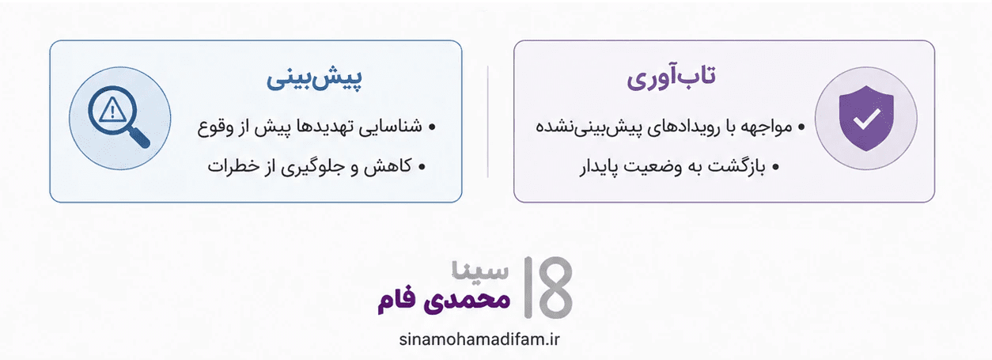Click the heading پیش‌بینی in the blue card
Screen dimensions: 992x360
[314, 78]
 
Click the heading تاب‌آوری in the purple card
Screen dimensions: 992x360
[671, 78]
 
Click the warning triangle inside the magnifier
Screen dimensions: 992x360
[112, 110]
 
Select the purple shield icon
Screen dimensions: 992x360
[866, 118]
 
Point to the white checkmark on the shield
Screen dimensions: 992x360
[867, 118]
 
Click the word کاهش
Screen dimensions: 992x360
[388, 166]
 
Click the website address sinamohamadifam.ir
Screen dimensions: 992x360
[479, 339]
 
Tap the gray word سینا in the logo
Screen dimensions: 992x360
[480, 270]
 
